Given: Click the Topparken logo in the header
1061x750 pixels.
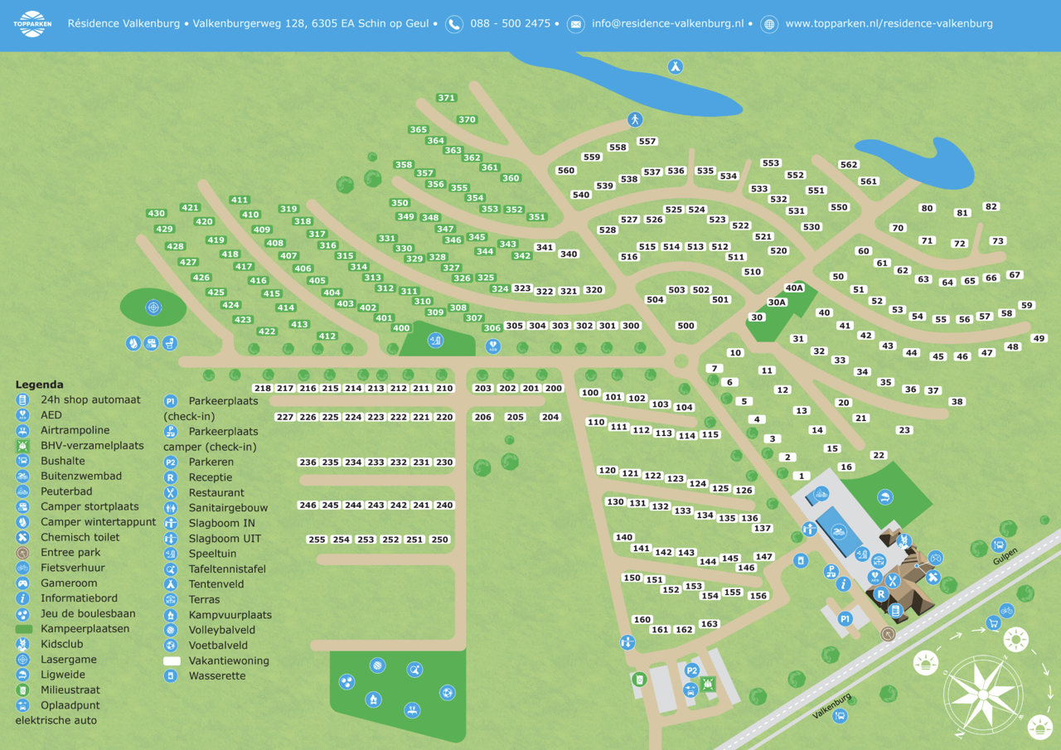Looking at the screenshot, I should pos(32,24).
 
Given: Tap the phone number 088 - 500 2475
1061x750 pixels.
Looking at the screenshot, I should pos(510,24).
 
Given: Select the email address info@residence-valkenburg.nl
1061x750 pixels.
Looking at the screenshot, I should pos(667,24).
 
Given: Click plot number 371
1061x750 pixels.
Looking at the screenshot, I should pos(447,98).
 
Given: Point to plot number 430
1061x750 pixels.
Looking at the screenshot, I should pos(157,214).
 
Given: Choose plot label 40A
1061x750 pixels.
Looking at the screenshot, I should pos(794,288).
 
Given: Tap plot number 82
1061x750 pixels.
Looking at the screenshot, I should pos(991,207).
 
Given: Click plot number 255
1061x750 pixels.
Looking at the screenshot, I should pos(317,540).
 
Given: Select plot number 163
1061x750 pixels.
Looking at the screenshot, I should pos(709,625).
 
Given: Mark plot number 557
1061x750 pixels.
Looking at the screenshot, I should pos(647,142).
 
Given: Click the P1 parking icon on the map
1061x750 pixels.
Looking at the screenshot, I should pos(845,618).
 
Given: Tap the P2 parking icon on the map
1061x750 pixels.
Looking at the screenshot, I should pos(692,670).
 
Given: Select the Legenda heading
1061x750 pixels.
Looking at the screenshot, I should pos(39,385).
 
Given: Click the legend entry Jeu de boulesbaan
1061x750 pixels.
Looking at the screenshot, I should pos(88,614).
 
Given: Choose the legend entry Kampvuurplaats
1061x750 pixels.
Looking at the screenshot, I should pos(230,615).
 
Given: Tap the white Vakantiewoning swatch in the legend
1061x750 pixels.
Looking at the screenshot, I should pos(172,661).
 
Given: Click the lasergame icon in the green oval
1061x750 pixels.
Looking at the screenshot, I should pos(153,307).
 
